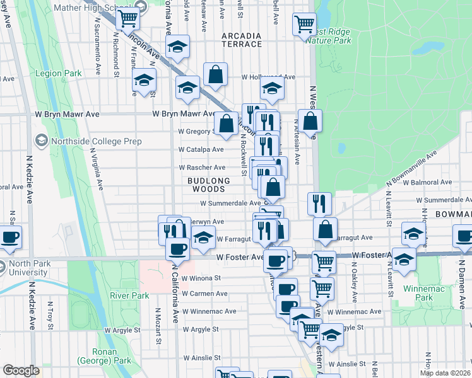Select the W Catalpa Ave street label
pos(201,150)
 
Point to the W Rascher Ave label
pos(202,168)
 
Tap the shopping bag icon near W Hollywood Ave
pos(215,74)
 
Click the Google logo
pos(21,370)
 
